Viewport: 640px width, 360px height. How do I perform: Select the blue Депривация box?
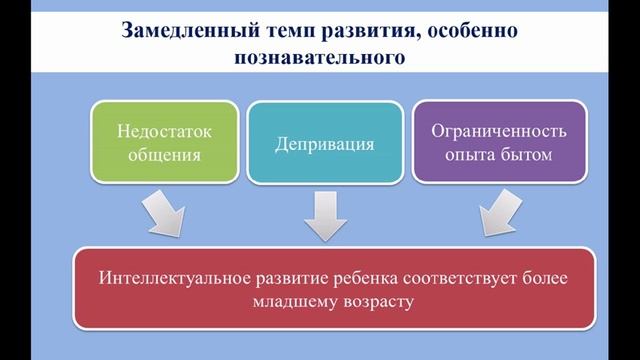click(x=324, y=143)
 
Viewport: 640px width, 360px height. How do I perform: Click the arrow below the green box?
click(x=166, y=213)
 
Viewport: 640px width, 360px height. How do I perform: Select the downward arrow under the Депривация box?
click(x=324, y=216)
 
